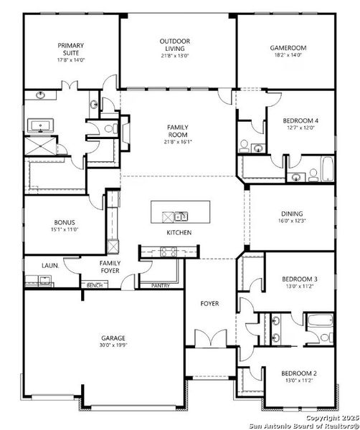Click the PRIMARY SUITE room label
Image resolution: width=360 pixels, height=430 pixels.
71,47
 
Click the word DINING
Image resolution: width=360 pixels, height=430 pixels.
292,213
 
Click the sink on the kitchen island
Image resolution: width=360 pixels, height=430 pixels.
176,216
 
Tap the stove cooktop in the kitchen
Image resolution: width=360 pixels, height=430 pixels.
168,252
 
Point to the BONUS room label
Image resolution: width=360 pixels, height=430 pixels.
65,222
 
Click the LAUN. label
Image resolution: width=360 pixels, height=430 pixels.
49,264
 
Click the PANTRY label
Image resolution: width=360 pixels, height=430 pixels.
161,285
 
